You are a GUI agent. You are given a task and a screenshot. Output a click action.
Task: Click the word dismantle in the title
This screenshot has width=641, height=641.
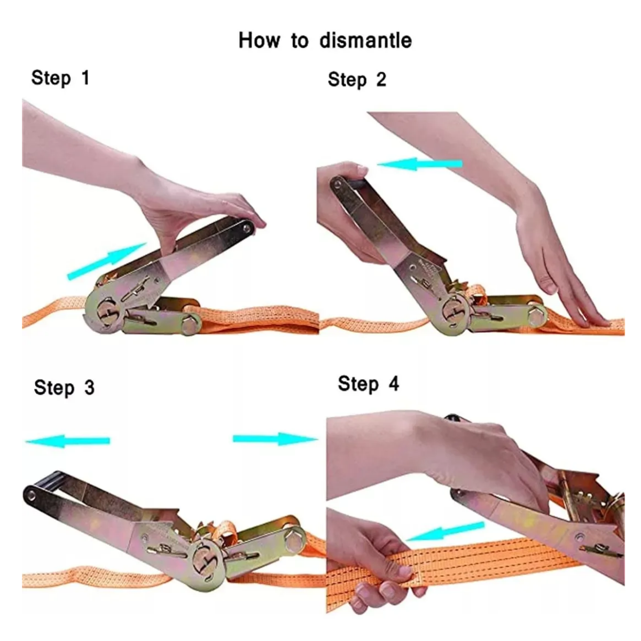click(x=365, y=41)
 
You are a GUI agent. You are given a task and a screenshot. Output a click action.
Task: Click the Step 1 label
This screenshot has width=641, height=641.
click(x=60, y=78)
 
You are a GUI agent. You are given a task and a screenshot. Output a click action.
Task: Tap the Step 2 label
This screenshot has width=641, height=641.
click(x=357, y=80)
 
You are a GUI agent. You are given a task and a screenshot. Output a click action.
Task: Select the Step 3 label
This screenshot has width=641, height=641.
click(x=64, y=387)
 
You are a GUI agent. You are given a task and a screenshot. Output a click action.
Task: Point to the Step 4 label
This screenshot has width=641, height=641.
click(x=368, y=384)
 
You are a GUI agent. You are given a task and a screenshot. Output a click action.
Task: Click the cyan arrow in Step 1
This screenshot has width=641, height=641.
click(x=107, y=261)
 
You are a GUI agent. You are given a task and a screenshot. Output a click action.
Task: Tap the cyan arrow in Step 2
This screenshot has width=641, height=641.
click(x=419, y=163)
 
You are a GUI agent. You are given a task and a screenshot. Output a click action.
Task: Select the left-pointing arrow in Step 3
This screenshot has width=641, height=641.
click(x=67, y=441)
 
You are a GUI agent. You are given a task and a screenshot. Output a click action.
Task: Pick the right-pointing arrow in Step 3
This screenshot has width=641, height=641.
click(x=275, y=439)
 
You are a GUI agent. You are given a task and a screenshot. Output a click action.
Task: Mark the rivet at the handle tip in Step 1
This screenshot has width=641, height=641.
click(x=246, y=228)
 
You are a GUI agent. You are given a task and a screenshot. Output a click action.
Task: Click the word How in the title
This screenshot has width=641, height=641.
click(x=260, y=41)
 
